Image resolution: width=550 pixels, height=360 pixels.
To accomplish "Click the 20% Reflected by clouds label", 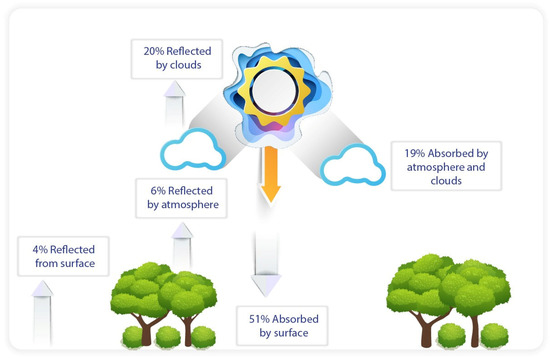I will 173,58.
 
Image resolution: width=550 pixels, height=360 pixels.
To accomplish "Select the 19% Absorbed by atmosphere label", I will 445,166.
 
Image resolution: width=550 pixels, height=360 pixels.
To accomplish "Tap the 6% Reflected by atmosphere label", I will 177,197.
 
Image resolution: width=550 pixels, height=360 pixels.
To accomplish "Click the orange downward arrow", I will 267,177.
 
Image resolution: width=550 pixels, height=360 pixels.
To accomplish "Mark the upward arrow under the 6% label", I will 182,245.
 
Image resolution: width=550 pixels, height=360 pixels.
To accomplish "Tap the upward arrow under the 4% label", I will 42,310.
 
